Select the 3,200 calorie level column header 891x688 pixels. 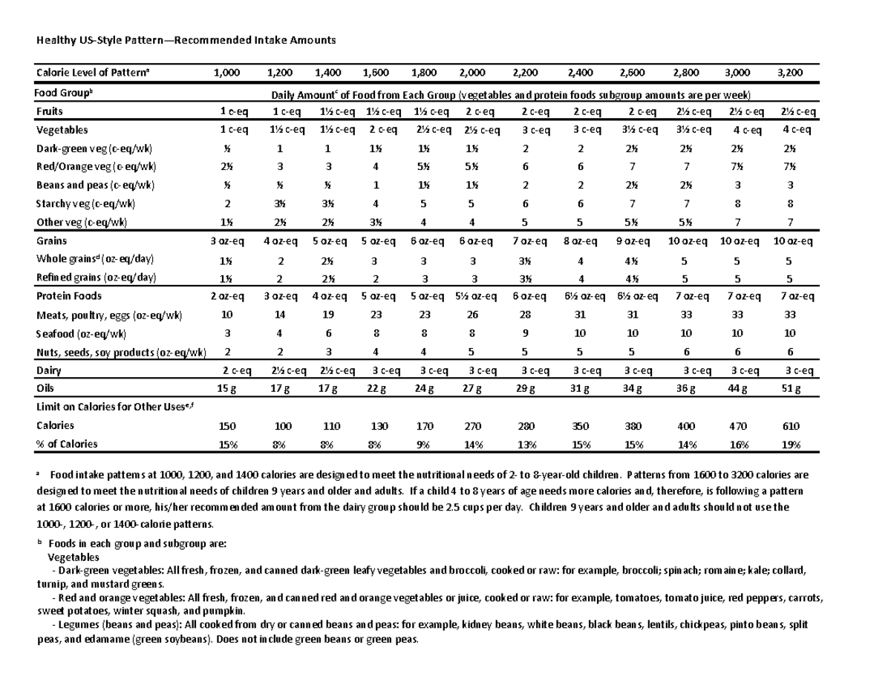pos(789,73)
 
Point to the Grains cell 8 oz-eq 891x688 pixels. pos(579,240)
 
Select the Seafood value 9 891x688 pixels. pos(525,333)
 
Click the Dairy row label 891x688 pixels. pos(48,370)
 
